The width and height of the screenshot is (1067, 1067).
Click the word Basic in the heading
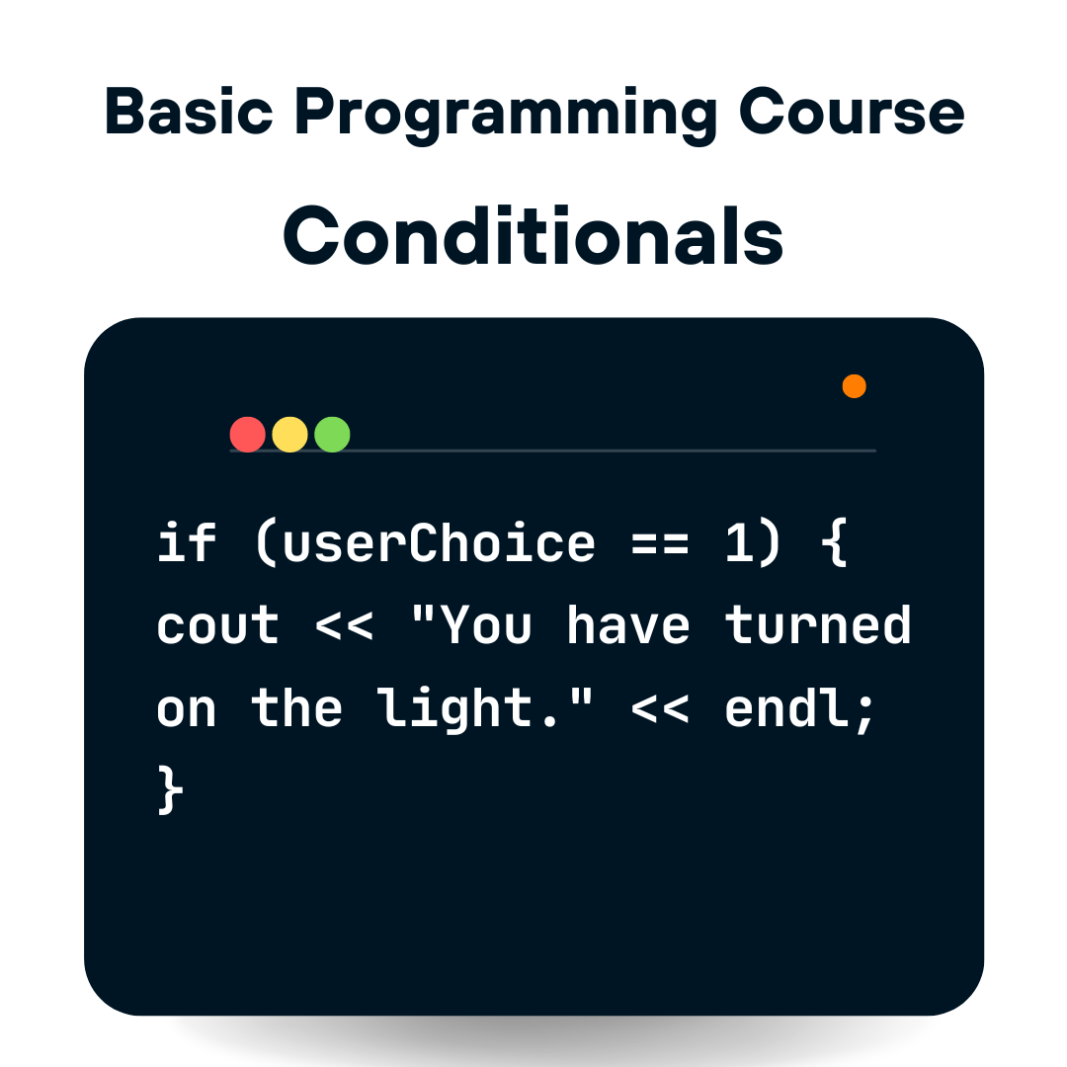pyautogui.click(x=189, y=111)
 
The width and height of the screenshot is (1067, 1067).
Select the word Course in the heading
pyautogui.click(x=852, y=111)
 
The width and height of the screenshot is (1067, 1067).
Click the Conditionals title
pyautogui.click(x=533, y=235)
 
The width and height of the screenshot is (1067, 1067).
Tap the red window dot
pyautogui.click(x=248, y=434)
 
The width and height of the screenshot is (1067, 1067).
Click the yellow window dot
pyautogui.click(x=289, y=434)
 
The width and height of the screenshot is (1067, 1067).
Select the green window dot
pyautogui.click(x=332, y=434)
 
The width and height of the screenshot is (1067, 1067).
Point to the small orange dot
pyautogui.click(x=854, y=386)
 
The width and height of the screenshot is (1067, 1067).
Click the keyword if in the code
pyautogui.click(x=187, y=542)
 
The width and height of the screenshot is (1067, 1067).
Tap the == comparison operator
pyautogui.click(x=659, y=544)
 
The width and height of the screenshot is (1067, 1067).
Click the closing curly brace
pyautogui.click(x=170, y=789)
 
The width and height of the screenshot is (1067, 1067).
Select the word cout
pyautogui.click(x=217, y=625)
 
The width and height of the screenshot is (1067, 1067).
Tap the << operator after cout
pyautogui.click(x=345, y=626)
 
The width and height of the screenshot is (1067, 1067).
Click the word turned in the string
pyautogui.click(x=817, y=624)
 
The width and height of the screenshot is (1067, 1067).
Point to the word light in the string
pyautogui.click(x=453, y=709)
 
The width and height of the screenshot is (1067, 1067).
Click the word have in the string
pyautogui.click(x=628, y=624)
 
